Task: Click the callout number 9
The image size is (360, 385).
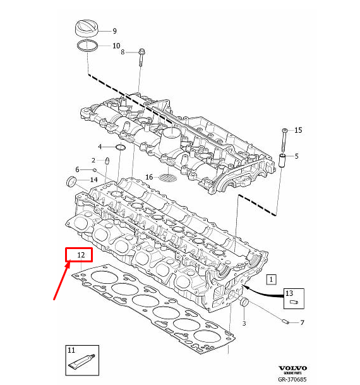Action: pos(114,31)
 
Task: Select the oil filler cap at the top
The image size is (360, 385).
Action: pos(87,28)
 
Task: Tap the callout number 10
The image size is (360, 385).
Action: pos(116,46)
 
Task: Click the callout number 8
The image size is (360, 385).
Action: pos(124,52)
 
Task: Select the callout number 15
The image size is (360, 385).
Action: pos(298,130)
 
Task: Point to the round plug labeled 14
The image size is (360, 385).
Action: pos(71,183)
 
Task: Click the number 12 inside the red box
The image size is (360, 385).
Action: pos(80,255)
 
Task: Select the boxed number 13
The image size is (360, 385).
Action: pos(289,293)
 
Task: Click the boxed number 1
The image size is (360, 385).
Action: pos(272,278)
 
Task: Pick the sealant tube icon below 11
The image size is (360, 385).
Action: pos(81,363)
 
